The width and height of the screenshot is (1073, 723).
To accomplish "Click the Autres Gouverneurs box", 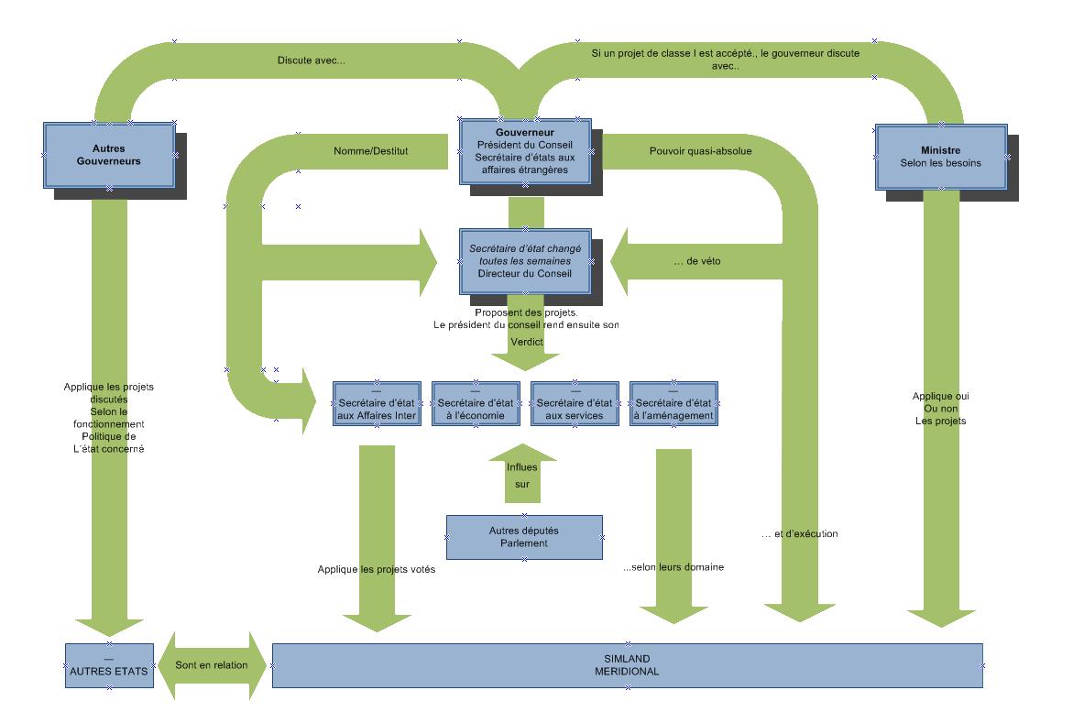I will [x=109, y=155].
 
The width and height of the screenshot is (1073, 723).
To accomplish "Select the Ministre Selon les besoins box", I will [x=941, y=157].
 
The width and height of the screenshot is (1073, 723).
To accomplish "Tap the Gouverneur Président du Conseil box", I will [x=525, y=151].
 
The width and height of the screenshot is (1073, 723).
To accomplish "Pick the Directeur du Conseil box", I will [x=525, y=261].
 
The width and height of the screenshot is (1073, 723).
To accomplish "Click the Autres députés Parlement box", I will [x=524, y=537].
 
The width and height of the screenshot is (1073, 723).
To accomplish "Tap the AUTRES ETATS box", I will [x=109, y=665].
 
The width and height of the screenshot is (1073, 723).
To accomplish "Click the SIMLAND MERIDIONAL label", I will [x=627, y=665].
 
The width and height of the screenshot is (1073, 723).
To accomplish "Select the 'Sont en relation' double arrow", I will [x=213, y=665].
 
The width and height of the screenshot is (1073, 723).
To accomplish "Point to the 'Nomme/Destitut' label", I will [x=371, y=151].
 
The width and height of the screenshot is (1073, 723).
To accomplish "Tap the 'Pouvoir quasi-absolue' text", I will [x=700, y=151].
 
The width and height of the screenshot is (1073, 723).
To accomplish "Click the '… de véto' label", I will [x=698, y=261].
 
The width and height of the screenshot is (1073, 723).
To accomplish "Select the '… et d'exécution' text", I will [x=799, y=533].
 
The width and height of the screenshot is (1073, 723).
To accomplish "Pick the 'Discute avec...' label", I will [x=312, y=61].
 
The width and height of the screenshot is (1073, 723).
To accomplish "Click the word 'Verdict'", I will [x=527, y=342].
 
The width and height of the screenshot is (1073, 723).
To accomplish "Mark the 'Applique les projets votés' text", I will [x=376, y=569].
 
